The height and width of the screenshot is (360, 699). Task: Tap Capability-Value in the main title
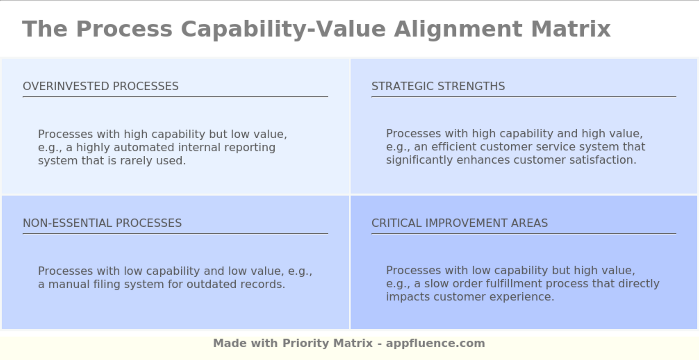point(283,29)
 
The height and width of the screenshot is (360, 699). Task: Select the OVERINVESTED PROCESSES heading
point(101,86)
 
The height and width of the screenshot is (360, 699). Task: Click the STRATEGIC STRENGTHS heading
point(438,86)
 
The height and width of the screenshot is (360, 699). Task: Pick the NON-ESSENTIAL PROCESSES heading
point(102,223)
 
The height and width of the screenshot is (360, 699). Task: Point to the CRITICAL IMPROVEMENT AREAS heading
point(460,223)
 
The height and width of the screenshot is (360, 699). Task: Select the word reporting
point(250,148)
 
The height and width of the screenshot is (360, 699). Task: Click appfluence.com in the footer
point(435,343)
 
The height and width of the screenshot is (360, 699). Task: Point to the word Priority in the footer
point(303,343)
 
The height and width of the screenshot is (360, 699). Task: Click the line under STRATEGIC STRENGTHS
point(524,97)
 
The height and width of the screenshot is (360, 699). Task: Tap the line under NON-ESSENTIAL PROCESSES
point(175,233)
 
